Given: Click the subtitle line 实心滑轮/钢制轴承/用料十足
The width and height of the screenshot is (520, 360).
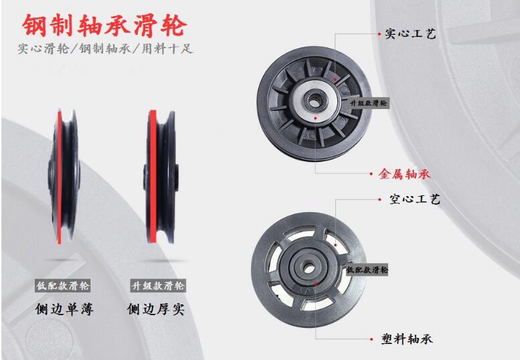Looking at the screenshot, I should [105, 50].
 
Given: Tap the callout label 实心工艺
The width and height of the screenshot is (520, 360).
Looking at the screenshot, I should [410, 33].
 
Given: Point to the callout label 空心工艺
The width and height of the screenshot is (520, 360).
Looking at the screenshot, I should [414, 199].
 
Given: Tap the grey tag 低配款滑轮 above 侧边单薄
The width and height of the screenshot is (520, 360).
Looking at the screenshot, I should [64, 286].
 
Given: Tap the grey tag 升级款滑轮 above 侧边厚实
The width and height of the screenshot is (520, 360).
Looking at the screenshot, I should [157, 286].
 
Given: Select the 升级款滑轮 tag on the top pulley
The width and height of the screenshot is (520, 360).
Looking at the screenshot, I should [367, 103].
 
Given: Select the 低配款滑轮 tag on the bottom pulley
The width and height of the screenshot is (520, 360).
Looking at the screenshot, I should [367, 270].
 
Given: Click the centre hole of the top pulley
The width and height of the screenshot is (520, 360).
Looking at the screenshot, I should [313, 98].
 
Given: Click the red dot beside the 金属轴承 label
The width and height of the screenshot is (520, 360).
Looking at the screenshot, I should [372, 174].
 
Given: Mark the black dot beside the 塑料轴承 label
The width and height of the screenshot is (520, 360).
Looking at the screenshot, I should [373, 339].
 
